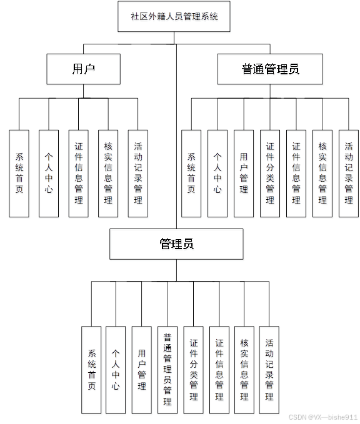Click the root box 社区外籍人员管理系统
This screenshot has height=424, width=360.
point(174,17)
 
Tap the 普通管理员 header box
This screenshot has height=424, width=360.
point(270,69)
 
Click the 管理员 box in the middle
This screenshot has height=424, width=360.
point(176,244)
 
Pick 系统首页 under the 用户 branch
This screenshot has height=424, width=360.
point(19,173)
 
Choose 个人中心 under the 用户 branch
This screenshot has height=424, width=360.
point(49,173)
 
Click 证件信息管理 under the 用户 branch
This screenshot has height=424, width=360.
point(78,173)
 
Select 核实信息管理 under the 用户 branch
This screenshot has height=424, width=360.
point(108,173)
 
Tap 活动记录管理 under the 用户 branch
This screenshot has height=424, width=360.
point(137,173)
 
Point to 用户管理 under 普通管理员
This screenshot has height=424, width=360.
point(244,173)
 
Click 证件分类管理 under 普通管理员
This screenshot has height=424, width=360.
point(270,173)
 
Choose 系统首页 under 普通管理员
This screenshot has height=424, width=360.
point(191,173)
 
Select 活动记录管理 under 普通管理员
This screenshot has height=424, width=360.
point(349,173)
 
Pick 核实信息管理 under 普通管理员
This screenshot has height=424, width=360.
point(322,173)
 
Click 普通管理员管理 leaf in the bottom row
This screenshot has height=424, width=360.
point(167,369)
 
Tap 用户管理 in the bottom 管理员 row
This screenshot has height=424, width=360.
point(142,369)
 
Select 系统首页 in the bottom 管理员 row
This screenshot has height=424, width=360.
point(91,369)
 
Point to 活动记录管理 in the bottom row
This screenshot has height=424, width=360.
point(269,369)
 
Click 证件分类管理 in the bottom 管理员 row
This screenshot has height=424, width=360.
point(193,369)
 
